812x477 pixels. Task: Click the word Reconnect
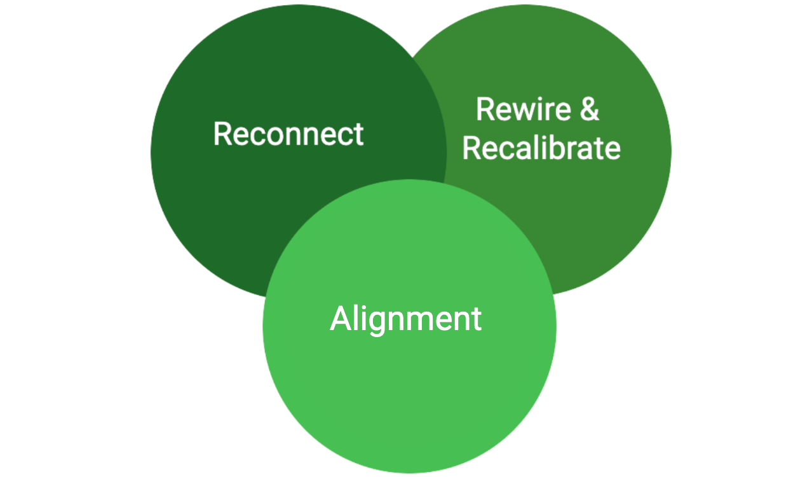click(288, 134)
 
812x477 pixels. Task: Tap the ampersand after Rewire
click(589, 109)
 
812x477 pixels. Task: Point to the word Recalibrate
click(541, 148)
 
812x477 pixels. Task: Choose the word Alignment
click(405, 319)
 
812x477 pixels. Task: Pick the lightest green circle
click(409, 394)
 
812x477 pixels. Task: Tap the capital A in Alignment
click(341, 319)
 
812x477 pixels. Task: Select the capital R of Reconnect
click(222, 134)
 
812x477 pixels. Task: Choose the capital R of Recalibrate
click(471, 148)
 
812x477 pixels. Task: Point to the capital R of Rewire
click(485, 109)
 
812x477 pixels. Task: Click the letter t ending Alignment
click(476, 319)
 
